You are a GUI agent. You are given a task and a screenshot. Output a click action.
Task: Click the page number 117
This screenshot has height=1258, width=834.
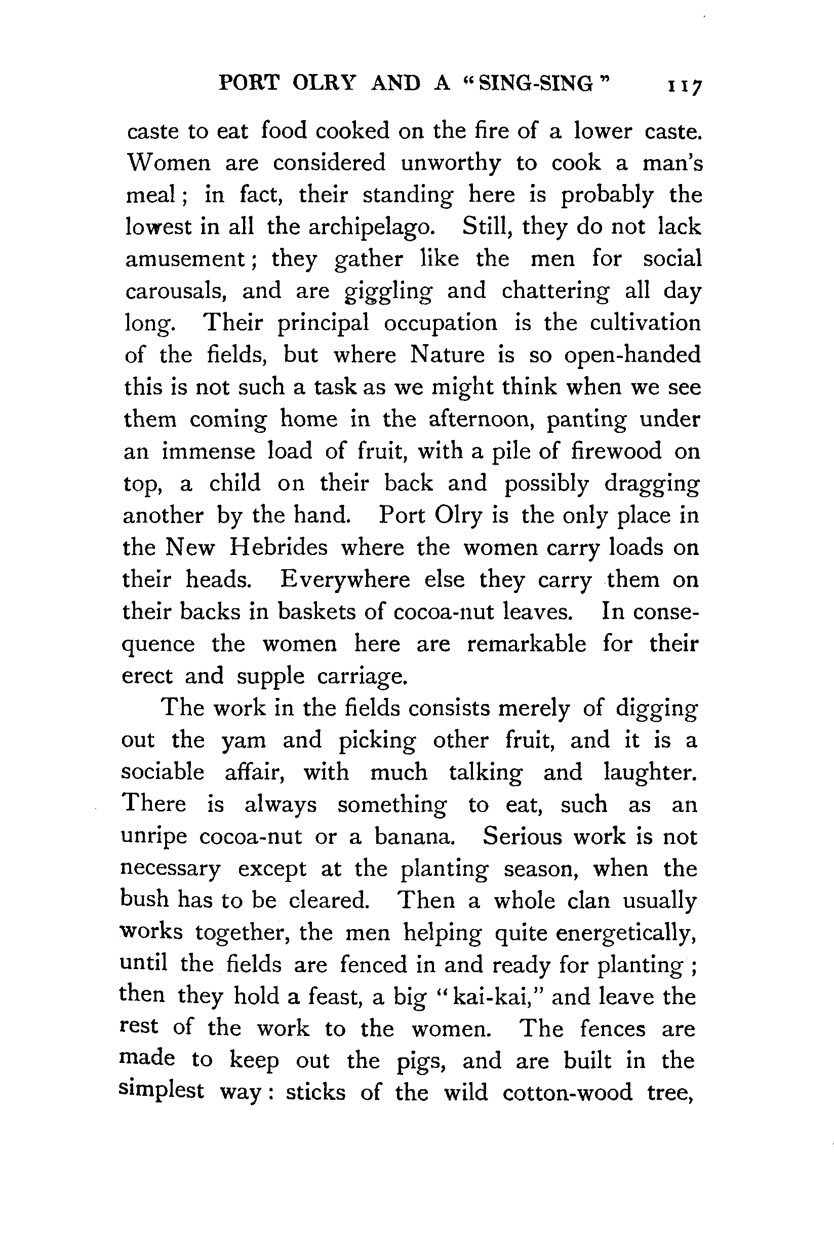pos(686,86)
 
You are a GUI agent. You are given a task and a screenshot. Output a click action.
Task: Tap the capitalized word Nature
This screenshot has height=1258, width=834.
pos(447,355)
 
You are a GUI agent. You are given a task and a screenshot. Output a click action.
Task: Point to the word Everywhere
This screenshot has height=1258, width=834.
pos(345,580)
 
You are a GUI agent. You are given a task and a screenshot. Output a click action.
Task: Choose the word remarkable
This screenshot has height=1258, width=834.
pos(527,644)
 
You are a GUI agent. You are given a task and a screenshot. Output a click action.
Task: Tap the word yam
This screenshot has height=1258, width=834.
pos(244,741)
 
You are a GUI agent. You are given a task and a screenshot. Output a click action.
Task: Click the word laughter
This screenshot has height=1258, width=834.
pos(650,773)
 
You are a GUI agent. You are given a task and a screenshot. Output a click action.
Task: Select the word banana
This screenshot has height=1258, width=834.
pos(415,837)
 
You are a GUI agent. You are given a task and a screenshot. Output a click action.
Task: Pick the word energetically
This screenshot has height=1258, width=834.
pos(626,933)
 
